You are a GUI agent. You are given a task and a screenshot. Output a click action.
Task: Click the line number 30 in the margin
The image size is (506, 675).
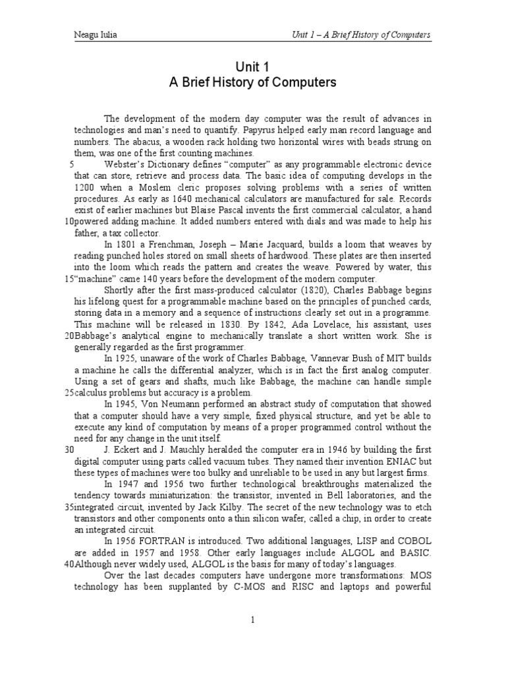[x=69, y=450]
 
